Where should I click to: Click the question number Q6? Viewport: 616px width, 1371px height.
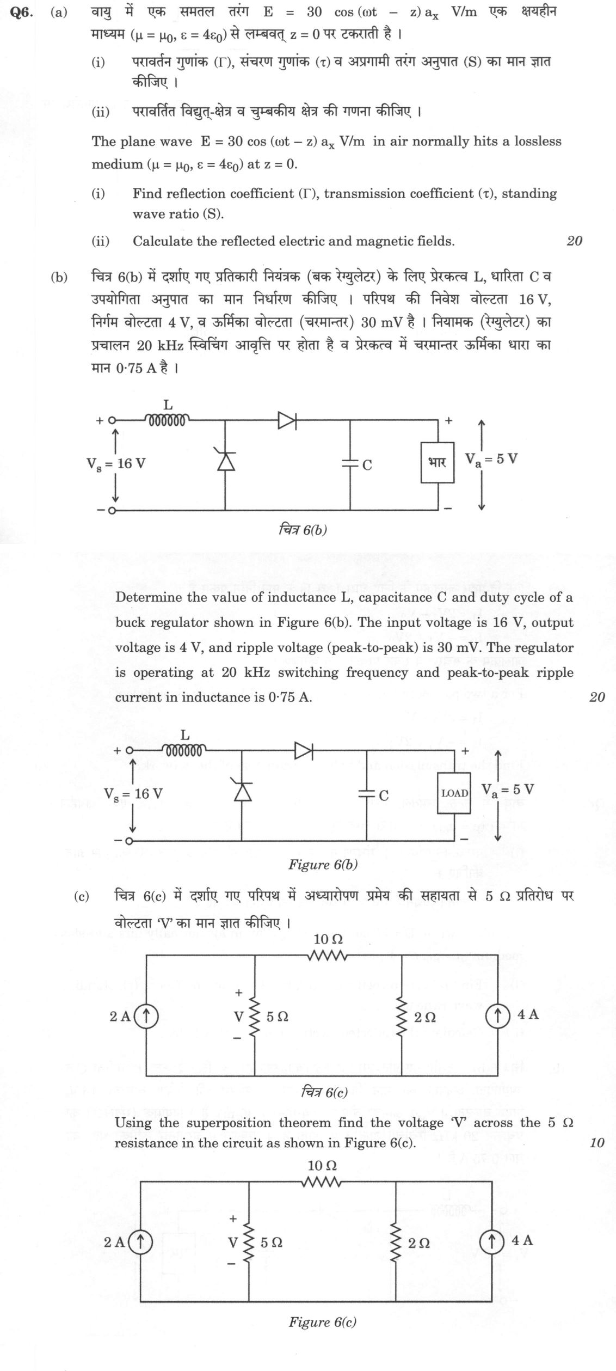pos(22,12)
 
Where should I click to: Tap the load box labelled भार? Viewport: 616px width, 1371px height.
pos(438,462)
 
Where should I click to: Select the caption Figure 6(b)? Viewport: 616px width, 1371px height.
pos(323,865)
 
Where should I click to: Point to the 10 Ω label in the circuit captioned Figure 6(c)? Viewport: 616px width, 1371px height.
pos(322,1166)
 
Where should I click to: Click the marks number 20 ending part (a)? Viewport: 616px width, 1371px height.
pos(574,241)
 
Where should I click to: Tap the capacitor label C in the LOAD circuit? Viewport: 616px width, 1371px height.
pos(384,795)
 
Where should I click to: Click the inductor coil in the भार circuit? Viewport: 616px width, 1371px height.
pos(167,419)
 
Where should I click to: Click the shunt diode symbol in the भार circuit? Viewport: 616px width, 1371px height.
pos(225,460)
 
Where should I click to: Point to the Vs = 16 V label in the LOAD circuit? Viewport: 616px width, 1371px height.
pos(133,793)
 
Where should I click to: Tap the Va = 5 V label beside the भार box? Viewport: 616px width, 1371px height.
pos(491,459)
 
